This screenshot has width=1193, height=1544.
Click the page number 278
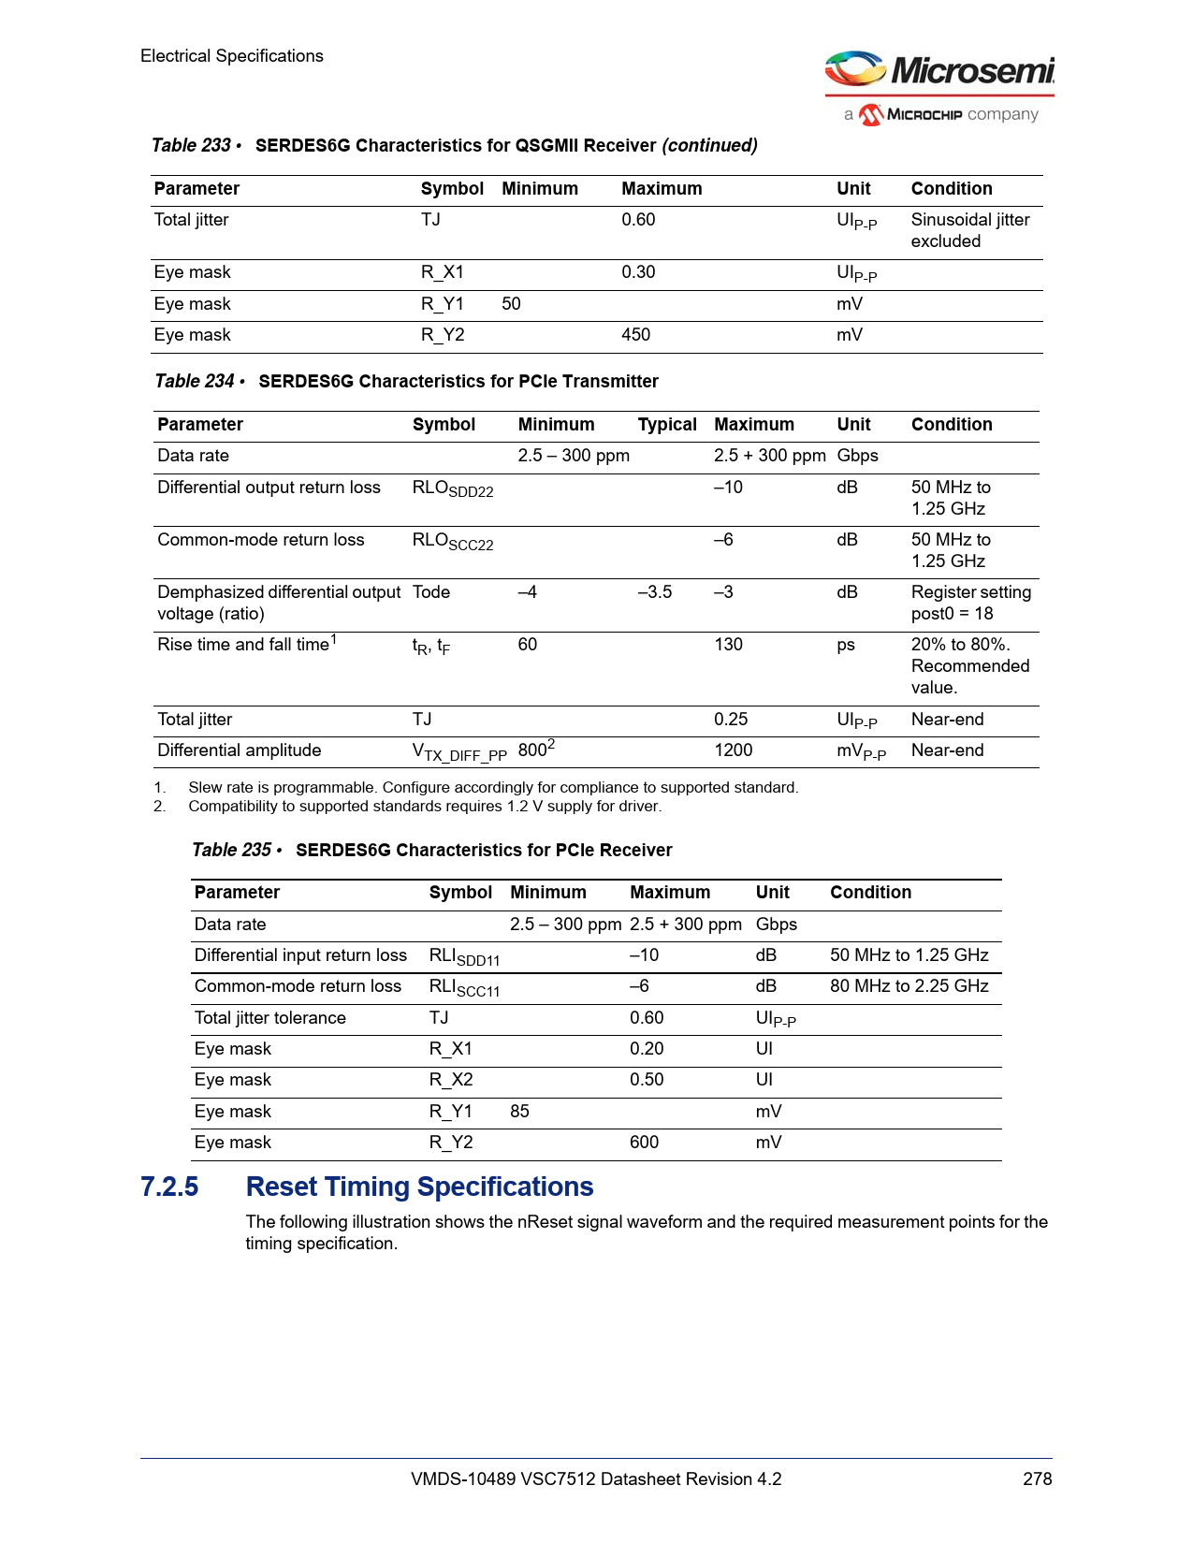[x=1037, y=1478]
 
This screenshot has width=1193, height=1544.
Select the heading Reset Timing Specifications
[x=419, y=1187]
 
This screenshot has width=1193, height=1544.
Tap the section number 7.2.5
[x=169, y=1187]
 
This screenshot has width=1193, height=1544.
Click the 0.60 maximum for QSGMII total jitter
[x=638, y=220]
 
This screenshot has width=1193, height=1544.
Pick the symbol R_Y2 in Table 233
[x=443, y=335]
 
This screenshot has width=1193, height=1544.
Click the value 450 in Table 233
[x=635, y=335]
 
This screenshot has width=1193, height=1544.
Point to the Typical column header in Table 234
[x=667, y=425]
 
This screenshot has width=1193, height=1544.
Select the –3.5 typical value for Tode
[x=655, y=592]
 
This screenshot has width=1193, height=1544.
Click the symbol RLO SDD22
[x=453, y=488]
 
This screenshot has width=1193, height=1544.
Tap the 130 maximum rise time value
[x=728, y=645]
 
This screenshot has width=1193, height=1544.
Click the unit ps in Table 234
[x=846, y=645]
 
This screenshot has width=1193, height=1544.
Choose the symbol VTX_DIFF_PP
[x=459, y=752]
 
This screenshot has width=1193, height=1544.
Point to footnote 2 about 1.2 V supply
[x=424, y=807]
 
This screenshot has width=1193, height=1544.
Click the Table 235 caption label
[x=232, y=850]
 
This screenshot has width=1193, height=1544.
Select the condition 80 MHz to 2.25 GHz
[x=909, y=986]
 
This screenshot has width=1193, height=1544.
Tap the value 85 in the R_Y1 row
[x=519, y=1112]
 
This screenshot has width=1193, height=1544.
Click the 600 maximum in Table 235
[x=644, y=1143]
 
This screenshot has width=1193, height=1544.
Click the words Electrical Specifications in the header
[x=232, y=56]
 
